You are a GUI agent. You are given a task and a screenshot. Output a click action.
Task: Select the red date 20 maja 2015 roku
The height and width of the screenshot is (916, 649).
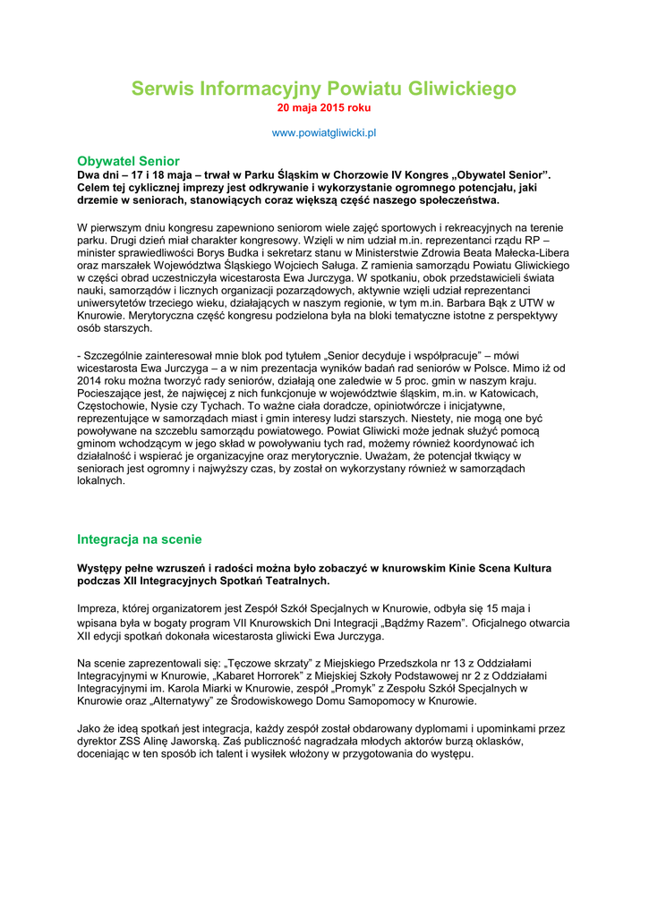(324, 108)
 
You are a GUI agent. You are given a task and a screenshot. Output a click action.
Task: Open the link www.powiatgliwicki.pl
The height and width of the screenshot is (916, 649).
(324, 132)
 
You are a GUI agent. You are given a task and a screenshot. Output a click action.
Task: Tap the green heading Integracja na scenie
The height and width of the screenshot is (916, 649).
(140, 539)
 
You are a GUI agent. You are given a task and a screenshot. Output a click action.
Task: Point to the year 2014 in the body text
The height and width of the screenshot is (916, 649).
(90, 380)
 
